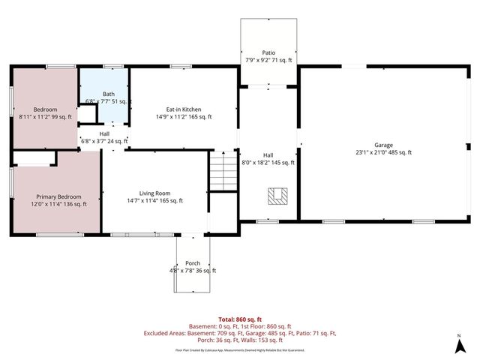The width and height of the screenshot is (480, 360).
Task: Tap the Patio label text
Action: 268,52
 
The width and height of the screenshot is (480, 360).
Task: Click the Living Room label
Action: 154,192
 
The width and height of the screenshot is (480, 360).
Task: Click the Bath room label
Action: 109,94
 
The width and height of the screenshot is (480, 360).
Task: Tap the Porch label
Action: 193,262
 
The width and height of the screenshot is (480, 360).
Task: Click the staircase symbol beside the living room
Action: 220,172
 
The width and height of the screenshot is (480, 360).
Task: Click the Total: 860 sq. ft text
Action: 240,319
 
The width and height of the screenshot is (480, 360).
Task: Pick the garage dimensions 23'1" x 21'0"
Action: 383,152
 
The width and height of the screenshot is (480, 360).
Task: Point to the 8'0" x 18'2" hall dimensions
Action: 268,162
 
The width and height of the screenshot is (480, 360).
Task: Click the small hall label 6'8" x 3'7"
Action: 104,140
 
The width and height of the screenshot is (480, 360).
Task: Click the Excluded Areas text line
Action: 240,333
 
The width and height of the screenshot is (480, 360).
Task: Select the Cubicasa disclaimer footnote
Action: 240,349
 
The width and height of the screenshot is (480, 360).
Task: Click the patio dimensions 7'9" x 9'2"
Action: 268,60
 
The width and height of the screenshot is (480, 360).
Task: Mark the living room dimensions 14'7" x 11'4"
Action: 154,200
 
